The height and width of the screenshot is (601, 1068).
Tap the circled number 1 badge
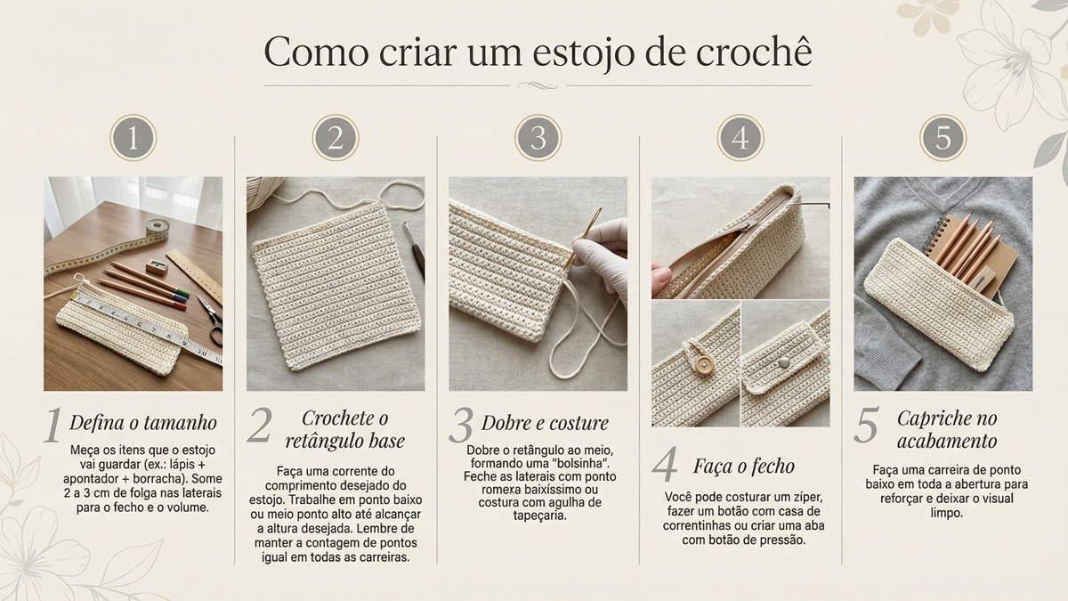133,138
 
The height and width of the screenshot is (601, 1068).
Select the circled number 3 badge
538,138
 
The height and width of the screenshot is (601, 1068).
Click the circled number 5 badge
943,138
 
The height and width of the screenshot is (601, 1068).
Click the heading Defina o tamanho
142,422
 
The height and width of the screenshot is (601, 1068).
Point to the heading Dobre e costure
545,422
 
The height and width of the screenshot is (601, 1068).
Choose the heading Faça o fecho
743,466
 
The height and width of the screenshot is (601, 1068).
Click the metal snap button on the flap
783,361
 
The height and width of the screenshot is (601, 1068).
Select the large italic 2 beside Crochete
258,427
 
